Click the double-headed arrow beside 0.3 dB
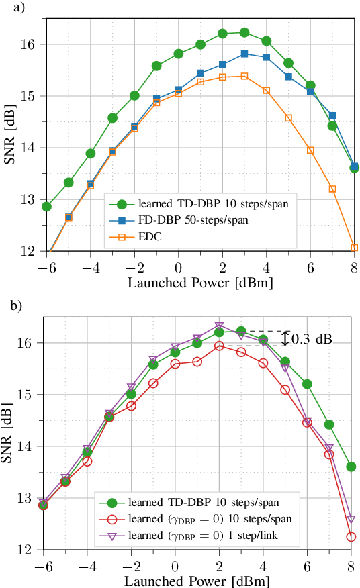(285, 338)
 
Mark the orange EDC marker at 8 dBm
(354, 248)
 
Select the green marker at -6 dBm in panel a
(46, 206)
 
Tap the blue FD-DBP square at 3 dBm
(244, 54)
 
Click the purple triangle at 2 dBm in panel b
(219, 326)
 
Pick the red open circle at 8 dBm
(351, 536)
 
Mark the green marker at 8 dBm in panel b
(351, 467)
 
